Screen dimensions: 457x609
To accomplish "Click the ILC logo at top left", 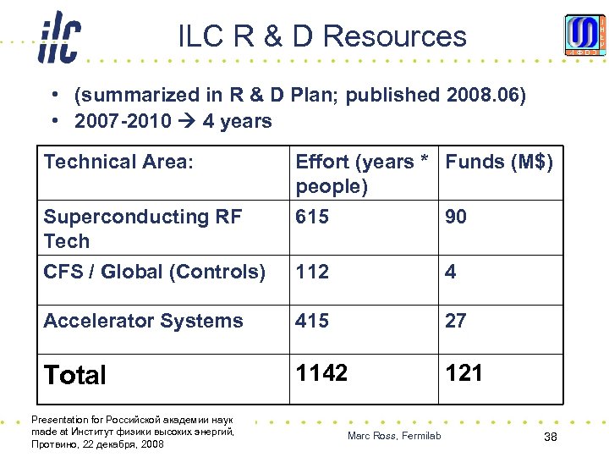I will click(59, 38).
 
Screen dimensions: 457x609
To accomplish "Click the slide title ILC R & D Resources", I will click(322, 36).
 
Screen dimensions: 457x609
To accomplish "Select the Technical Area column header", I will click(118, 162).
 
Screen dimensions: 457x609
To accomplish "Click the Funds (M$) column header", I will click(499, 162).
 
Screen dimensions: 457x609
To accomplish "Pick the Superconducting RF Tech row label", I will click(142, 228).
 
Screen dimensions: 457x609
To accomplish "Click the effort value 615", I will click(311, 217).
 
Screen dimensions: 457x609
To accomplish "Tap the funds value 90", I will click(456, 217).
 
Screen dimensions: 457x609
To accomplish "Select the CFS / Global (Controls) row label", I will click(155, 272).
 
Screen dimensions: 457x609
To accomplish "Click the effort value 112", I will click(311, 272).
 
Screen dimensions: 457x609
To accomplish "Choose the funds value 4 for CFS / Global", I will click(451, 272).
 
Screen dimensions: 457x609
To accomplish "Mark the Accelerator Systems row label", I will click(143, 321).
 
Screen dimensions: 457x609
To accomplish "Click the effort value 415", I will click(311, 321).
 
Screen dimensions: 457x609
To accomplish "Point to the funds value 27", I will click(456, 321).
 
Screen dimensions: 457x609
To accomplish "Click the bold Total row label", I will click(75, 375).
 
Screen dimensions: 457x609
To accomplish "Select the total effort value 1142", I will click(321, 373).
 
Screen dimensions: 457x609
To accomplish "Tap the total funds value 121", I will click(464, 373).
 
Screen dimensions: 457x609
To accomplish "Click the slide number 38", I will click(551, 436).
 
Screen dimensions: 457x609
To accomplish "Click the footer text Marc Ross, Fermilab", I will click(394, 436).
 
